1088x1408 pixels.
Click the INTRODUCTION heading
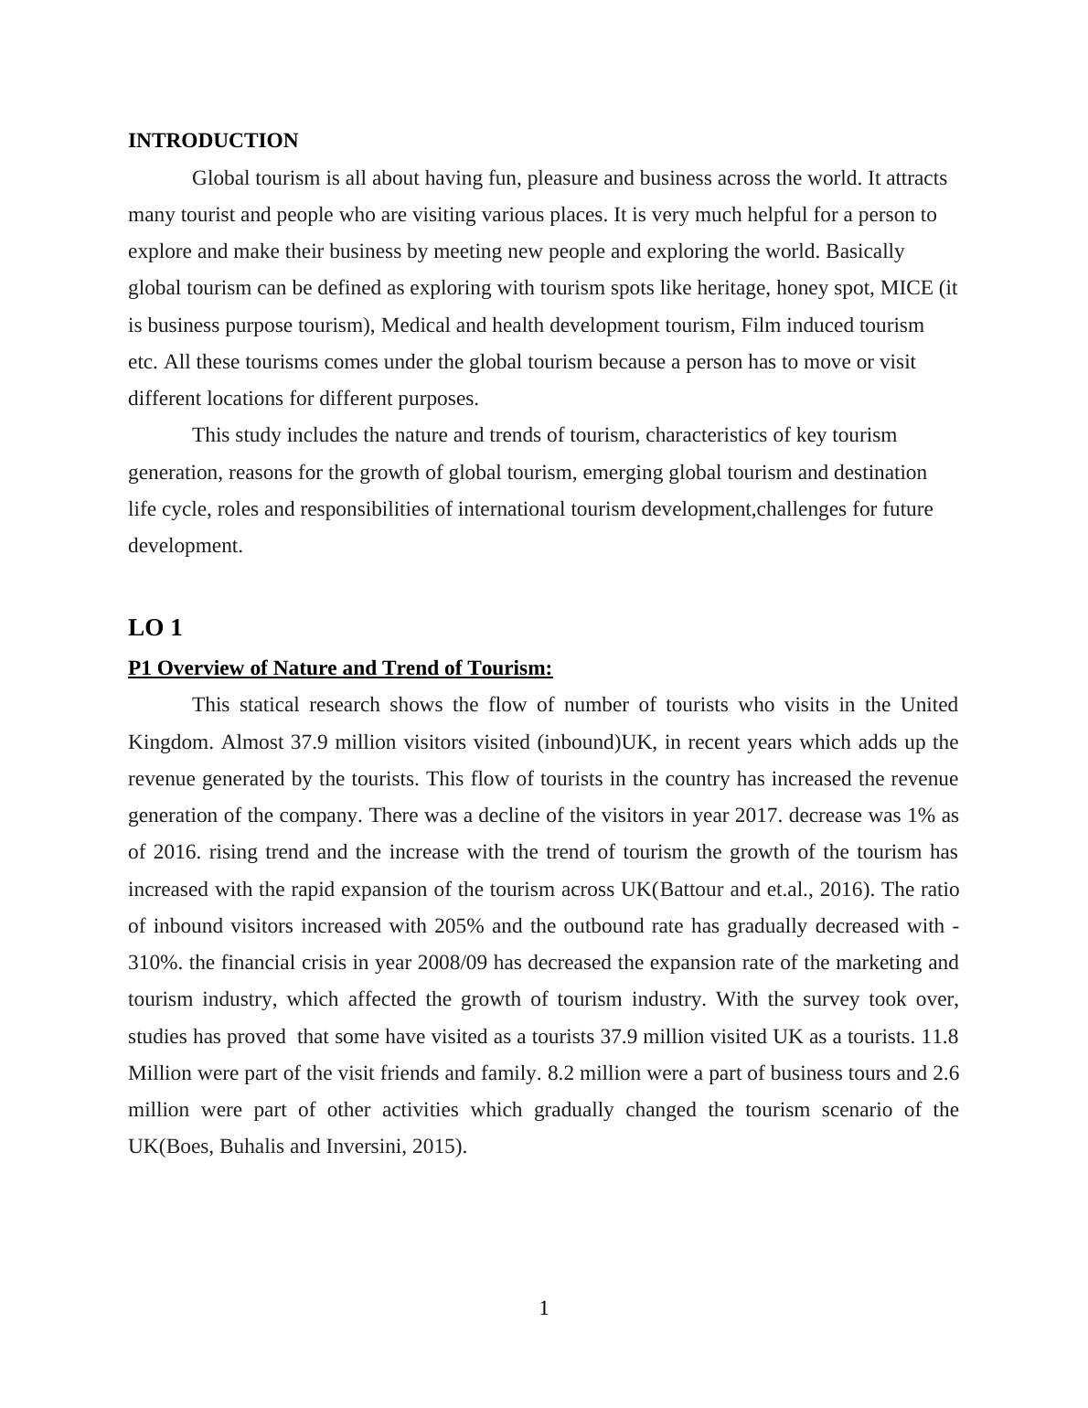click(212, 141)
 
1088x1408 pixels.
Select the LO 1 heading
click(155, 628)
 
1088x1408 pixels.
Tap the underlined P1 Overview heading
click(340, 668)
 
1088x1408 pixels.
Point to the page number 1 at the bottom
click(544, 1308)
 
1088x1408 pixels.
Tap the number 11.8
click(940, 1037)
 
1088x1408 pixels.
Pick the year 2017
click(756, 816)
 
